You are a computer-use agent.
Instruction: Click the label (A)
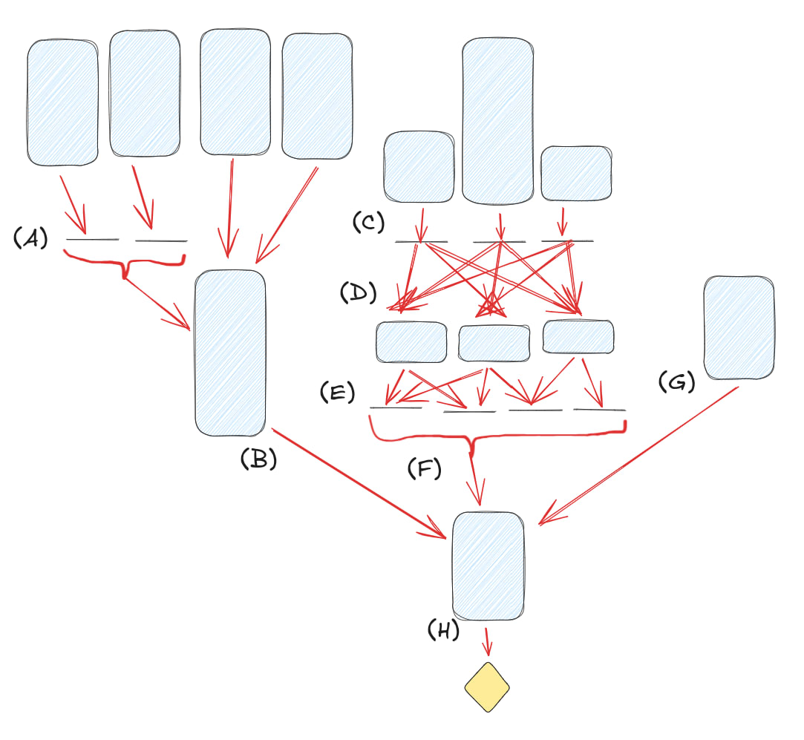point(30,238)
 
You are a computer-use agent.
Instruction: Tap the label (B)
point(258,460)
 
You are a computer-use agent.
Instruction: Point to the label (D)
point(359,292)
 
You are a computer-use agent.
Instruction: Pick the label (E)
point(338,393)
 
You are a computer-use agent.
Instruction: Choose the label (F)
point(424,468)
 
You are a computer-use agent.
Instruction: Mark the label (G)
point(676,382)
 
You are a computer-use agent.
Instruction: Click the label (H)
point(444,630)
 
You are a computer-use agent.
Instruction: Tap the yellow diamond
point(487,687)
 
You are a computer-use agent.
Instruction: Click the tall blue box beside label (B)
point(230,353)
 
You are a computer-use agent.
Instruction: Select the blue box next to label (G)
point(738,327)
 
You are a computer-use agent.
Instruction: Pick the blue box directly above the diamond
point(488,566)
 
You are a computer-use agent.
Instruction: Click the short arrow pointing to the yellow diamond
point(488,640)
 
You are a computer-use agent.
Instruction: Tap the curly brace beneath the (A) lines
point(125,263)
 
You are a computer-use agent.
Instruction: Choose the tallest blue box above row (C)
point(497,120)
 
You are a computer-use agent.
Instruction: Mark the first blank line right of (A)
point(93,240)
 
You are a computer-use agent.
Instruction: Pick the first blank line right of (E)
point(396,407)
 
